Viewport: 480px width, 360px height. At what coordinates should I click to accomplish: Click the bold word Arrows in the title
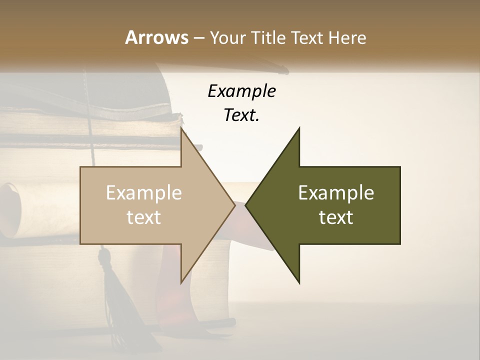(x=156, y=37)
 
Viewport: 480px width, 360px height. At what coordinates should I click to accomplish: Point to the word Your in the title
(x=227, y=37)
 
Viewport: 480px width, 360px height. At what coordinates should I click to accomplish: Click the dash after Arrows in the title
(x=198, y=38)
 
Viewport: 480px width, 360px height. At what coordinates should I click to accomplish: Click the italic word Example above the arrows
(x=241, y=91)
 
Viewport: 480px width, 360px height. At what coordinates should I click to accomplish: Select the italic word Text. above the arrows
(x=241, y=115)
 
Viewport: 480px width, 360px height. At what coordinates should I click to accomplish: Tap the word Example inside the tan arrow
(x=144, y=192)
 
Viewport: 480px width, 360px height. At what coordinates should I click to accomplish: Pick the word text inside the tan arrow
(x=144, y=217)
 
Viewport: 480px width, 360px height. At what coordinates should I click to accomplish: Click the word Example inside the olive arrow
(x=336, y=192)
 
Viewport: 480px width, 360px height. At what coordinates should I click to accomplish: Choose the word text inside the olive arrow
(x=336, y=217)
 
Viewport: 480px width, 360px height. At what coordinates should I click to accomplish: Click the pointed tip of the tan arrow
(x=234, y=205)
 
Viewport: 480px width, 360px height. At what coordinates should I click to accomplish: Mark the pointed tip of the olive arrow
(x=246, y=205)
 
